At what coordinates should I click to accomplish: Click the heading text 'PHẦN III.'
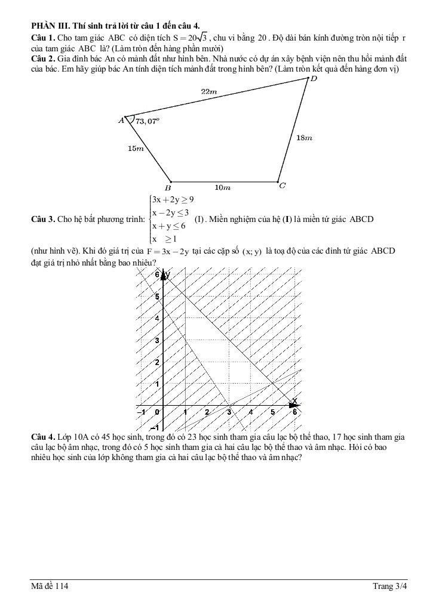[x=49, y=26]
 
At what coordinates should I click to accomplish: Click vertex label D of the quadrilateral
[x=314, y=79]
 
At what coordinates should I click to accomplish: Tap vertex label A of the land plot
[x=121, y=120]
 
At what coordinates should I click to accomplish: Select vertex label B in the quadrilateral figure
[x=168, y=187]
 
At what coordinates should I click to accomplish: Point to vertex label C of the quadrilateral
[x=282, y=186]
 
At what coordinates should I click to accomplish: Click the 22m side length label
[x=208, y=91]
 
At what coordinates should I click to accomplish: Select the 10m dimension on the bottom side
[x=223, y=187]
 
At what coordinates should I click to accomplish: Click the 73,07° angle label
[x=148, y=121]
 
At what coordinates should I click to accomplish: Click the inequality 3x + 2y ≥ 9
[x=173, y=199]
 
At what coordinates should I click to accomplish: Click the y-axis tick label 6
[x=157, y=274]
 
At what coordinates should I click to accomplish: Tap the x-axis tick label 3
[x=229, y=412]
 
